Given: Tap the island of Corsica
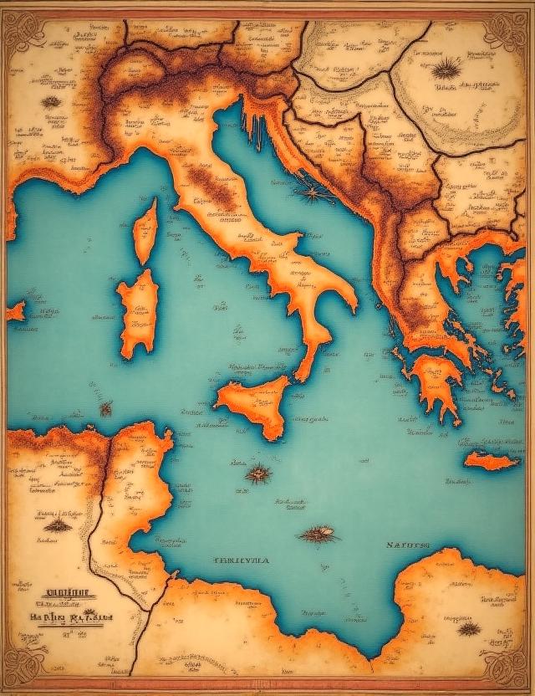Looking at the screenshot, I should [145, 230].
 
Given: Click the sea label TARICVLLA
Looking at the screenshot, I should [242, 561].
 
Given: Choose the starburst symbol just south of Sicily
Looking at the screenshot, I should [258, 474].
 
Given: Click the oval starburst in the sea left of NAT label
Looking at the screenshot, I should [319, 533].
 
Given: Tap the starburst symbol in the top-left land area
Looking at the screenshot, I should [52, 102].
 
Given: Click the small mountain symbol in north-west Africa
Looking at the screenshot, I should [58, 525].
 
